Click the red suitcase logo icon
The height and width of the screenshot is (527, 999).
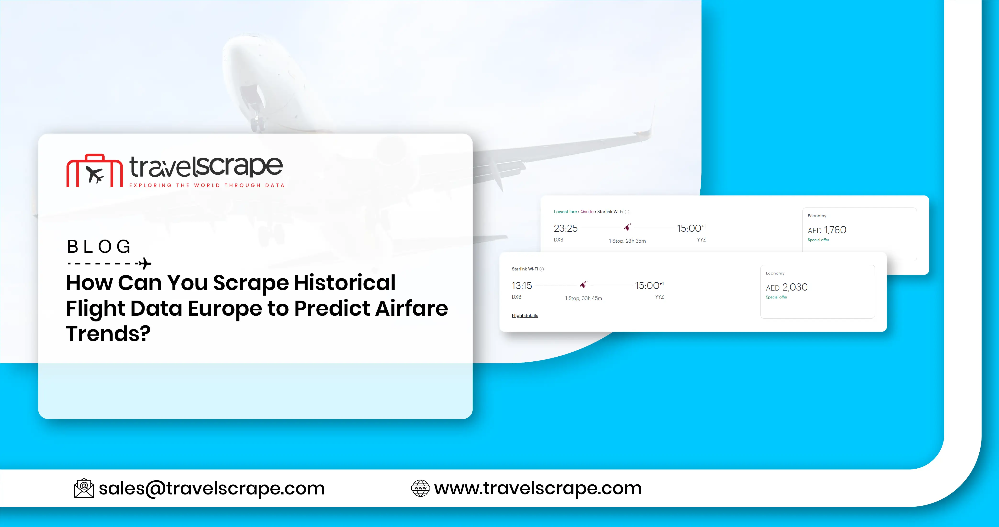[x=94, y=171]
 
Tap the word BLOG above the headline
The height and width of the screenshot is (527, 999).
[x=99, y=247]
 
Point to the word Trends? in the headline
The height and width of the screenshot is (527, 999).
[x=108, y=333]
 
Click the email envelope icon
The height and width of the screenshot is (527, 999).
[x=84, y=488]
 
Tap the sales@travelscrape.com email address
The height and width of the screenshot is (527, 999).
[x=212, y=488]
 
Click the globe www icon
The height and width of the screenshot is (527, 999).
[x=420, y=488]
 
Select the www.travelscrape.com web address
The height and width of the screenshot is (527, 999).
[x=538, y=488]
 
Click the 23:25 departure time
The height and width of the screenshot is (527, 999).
[x=565, y=228]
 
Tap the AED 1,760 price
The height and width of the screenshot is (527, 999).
[x=827, y=230]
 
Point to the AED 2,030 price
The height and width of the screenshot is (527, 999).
[x=787, y=287]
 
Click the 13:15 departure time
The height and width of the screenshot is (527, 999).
[x=522, y=286]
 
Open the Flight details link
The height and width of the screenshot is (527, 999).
[x=525, y=316]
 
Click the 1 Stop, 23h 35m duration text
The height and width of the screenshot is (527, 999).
[x=627, y=241]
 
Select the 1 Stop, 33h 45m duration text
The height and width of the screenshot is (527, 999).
[x=583, y=298]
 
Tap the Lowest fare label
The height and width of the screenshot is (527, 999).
[x=565, y=212]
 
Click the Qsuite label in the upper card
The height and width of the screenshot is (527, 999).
[x=587, y=212]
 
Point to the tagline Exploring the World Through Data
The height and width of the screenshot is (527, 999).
[x=207, y=185]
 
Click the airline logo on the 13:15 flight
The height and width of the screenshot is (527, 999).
[x=583, y=285]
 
